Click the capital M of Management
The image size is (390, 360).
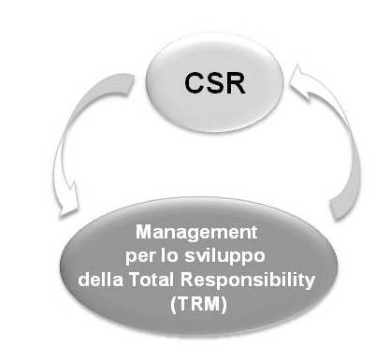coord(142,229)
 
